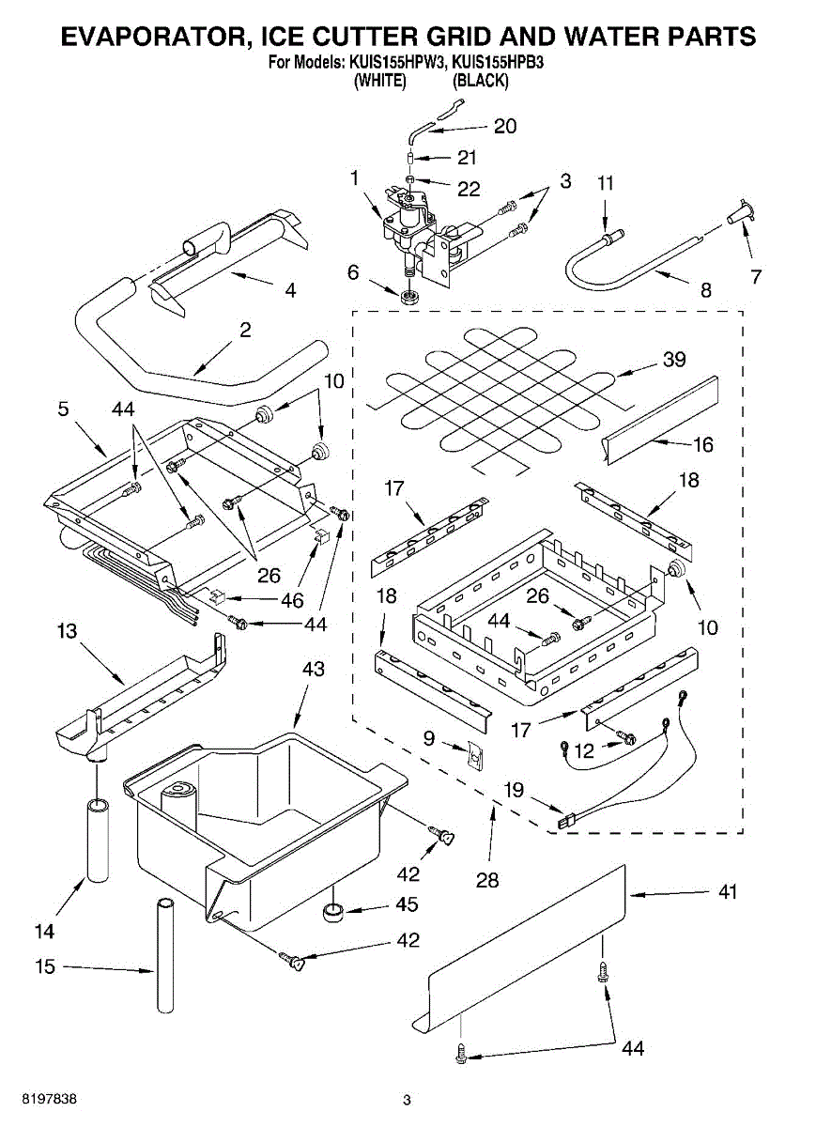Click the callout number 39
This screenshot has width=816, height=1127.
point(673,359)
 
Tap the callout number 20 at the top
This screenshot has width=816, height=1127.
point(505,127)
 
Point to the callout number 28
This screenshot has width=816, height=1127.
point(486,880)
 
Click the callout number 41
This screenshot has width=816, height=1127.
point(726,892)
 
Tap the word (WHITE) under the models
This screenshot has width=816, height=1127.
point(379,81)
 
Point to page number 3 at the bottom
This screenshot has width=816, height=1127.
point(407,1100)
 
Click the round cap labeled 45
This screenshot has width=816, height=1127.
point(332,911)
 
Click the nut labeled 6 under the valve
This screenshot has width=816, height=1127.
point(408,297)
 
